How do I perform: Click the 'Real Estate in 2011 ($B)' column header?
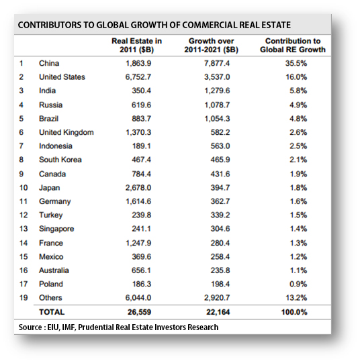click(x=137, y=46)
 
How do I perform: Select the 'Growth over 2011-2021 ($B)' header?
click(x=212, y=46)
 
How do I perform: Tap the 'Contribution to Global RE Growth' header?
click(x=293, y=46)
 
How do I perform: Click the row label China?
click(x=49, y=63)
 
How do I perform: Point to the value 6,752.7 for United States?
click(x=138, y=77)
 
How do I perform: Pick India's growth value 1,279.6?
click(x=217, y=91)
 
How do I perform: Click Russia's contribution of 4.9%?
click(x=298, y=105)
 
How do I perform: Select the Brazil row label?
click(x=48, y=119)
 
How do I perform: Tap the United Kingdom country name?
click(x=66, y=132)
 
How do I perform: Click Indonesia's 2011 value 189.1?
click(x=141, y=146)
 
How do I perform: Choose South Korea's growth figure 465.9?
click(x=220, y=160)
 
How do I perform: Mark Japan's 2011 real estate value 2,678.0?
click(x=138, y=187)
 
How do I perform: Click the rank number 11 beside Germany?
click(x=24, y=201)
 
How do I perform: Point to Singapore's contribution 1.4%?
click(x=298, y=229)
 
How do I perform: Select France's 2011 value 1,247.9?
click(x=138, y=243)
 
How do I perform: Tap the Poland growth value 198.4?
click(x=220, y=284)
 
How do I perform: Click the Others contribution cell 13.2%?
click(x=296, y=297)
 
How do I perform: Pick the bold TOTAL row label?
click(x=52, y=312)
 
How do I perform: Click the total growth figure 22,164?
click(x=218, y=312)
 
